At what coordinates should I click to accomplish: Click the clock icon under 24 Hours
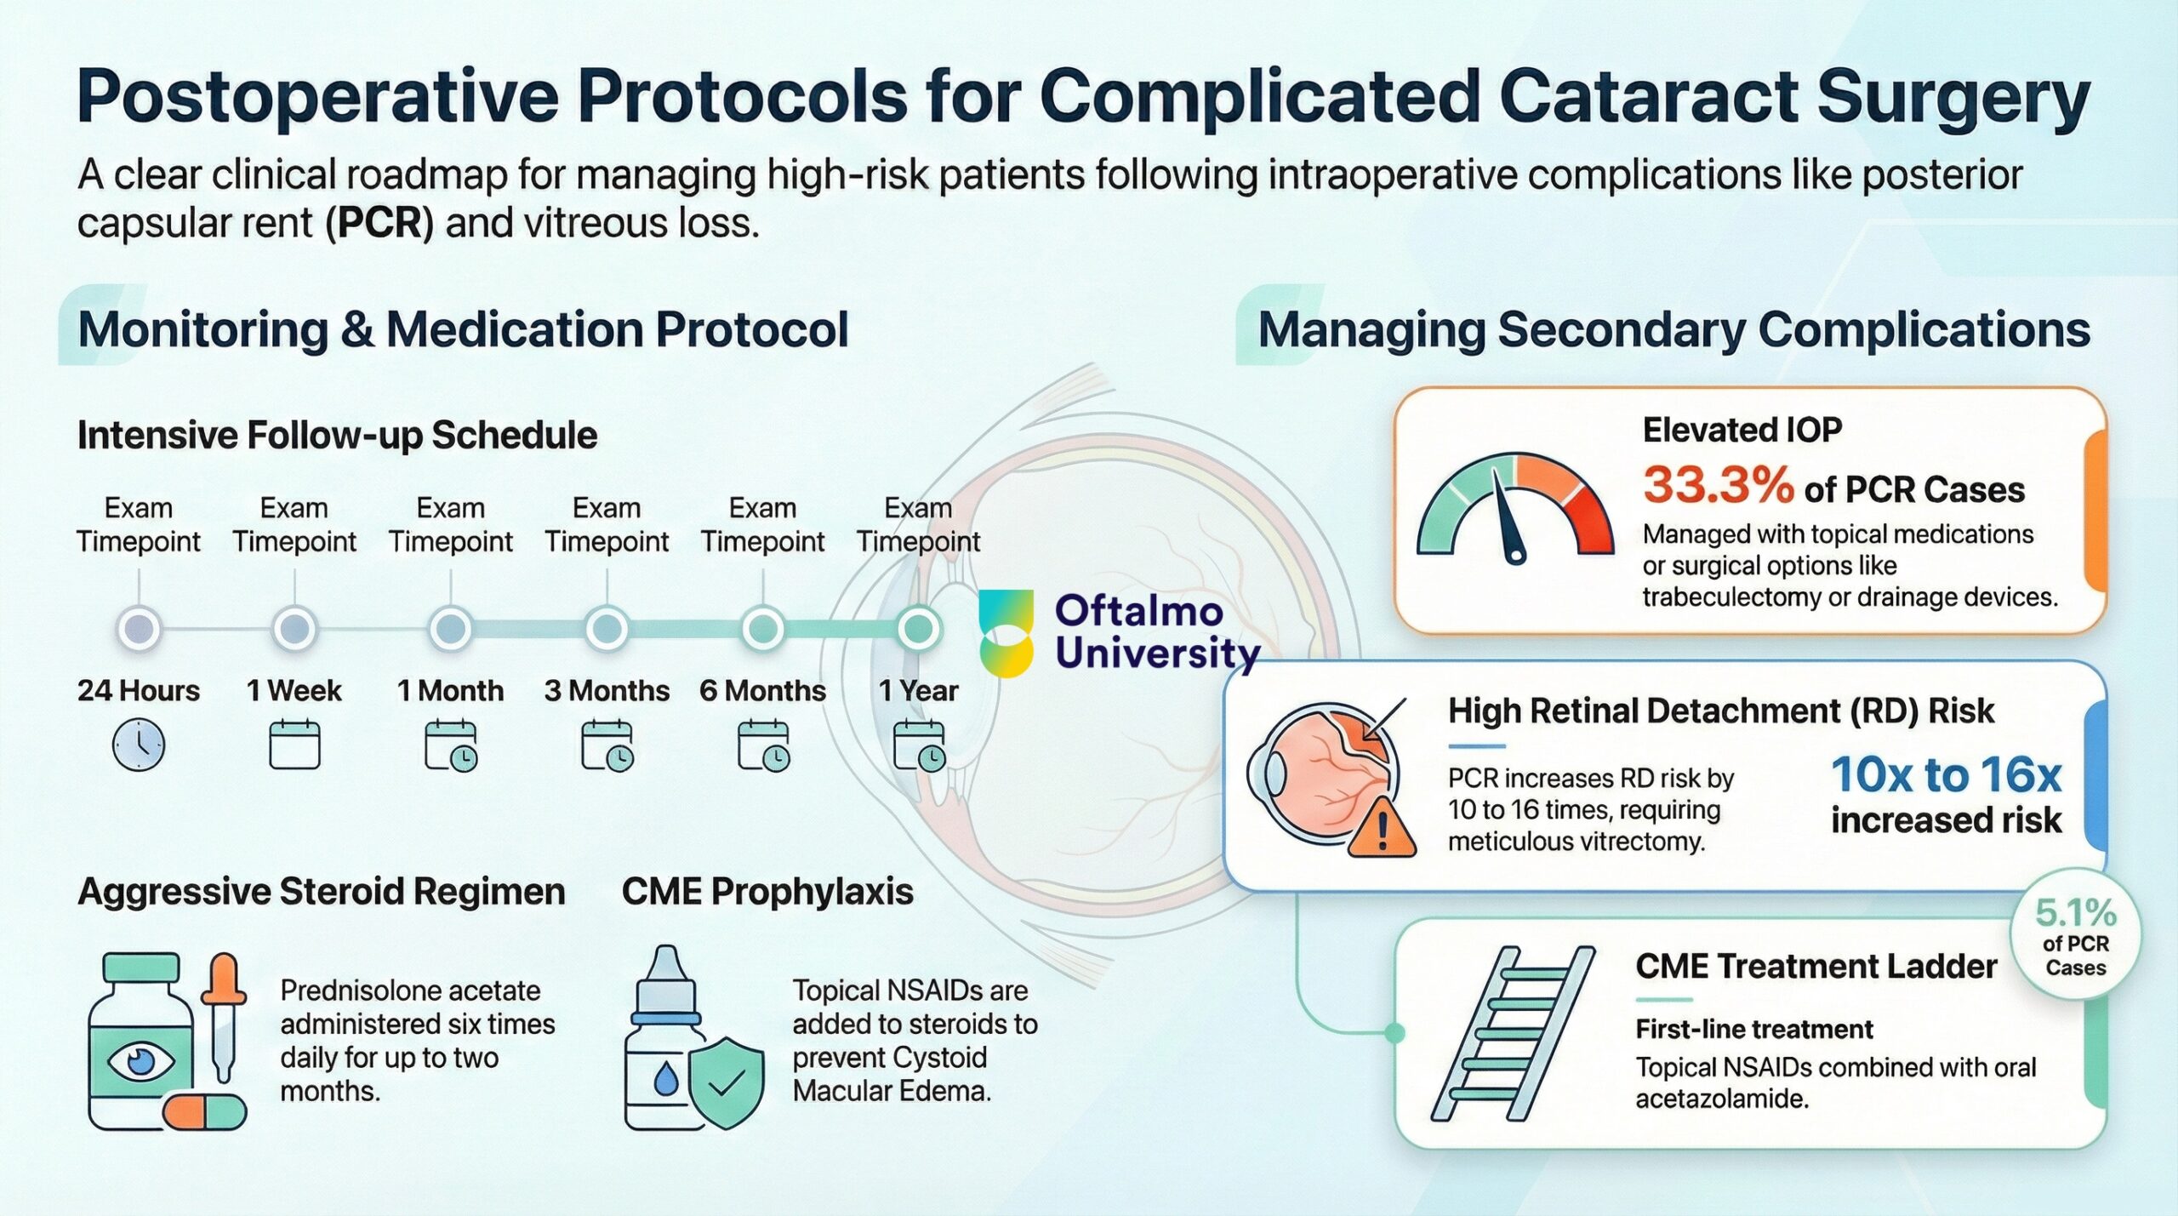pos(139,745)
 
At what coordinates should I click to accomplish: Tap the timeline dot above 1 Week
pos(294,629)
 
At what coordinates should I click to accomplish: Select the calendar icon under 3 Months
pos(607,745)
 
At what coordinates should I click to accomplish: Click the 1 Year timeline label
pos(918,690)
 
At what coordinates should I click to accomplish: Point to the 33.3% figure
pos(1718,485)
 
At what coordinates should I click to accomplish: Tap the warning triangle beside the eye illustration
pos(1382,827)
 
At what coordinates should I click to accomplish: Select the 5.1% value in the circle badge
pos(2075,913)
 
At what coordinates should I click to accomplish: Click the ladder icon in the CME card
pos(1513,1033)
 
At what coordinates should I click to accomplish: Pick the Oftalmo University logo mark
pos(1006,633)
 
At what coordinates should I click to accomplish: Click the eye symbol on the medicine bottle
pos(140,1060)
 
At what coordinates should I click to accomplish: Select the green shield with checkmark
pos(725,1082)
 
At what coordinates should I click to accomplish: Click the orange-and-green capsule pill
pos(204,1111)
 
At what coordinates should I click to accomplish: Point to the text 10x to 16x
pos(1946,774)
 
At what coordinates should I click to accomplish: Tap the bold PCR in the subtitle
pos(379,223)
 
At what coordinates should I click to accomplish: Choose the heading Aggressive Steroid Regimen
pos(322,892)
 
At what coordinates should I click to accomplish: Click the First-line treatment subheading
pos(1753,1029)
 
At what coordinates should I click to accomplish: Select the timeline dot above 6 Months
pos(763,629)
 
